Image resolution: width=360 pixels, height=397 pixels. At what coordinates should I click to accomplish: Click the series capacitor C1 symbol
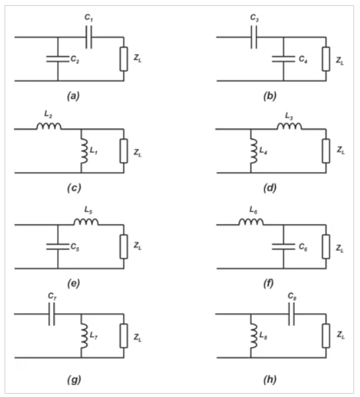[x=88, y=37]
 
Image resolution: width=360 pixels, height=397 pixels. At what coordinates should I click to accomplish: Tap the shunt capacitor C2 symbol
[x=58, y=59]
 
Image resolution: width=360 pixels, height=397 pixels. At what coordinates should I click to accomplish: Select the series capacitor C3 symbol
[x=254, y=37]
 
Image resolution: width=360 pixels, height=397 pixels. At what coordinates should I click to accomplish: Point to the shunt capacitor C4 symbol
[x=284, y=59]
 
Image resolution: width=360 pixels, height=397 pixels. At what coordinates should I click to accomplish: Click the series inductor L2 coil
[x=49, y=126]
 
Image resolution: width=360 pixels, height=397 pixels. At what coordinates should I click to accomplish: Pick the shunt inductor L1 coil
[x=84, y=150]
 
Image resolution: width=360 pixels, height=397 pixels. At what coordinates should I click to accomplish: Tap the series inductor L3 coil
[x=289, y=126]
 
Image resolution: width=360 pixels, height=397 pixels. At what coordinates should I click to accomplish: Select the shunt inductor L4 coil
[x=254, y=150]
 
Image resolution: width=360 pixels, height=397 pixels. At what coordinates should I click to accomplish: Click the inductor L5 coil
[x=86, y=222]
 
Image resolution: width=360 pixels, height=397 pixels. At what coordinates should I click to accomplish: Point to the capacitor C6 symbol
[x=284, y=247]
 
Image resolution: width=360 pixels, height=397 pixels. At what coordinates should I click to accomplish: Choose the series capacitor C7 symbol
[x=51, y=314]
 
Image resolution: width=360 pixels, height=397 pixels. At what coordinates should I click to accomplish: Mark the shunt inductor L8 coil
[x=254, y=336]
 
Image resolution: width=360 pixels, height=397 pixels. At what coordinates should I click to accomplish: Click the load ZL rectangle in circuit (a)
[x=124, y=59]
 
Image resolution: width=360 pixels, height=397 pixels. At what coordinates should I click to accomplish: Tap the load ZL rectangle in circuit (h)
[x=326, y=336]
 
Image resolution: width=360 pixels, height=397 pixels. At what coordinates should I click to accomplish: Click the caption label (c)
[x=74, y=188]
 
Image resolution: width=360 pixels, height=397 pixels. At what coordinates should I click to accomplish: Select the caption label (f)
[x=268, y=284]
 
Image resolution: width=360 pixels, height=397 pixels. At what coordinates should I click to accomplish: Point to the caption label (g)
[x=74, y=380]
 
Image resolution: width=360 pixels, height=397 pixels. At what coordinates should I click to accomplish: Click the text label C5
[x=75, y=247]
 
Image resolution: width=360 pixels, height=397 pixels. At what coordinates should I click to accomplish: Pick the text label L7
[x=94, y=336]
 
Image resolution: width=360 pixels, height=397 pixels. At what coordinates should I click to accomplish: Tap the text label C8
[x=292, y=296]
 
